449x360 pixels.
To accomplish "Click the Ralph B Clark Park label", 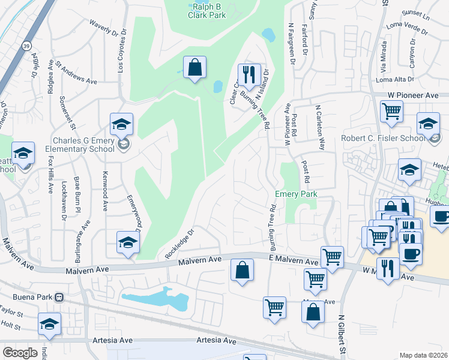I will pyautogui.click(x=209, y=10).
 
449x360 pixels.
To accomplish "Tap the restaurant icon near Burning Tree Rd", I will pyautogui.click(x=249, y=75).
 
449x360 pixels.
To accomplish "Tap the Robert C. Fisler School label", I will pyautogui.click(x=383, y=137).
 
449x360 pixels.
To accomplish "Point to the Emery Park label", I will pyautogui.click(x=296, y=194).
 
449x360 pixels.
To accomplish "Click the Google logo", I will pyautogui.click(x=20, y=352).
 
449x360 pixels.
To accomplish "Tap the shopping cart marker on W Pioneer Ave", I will pyautogui.click(x=391, y=110).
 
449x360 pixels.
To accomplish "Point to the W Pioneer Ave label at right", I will pyautogui.click(x=413, y=95).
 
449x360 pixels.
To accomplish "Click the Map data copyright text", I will pyautogui.click(x=423, y=355).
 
